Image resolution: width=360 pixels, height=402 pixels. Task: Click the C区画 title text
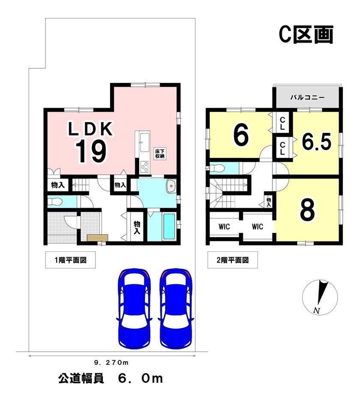[x=306, y=34]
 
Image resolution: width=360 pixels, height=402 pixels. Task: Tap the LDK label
[x=90, y=129]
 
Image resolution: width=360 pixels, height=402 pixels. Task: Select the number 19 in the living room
[x=90, y=152]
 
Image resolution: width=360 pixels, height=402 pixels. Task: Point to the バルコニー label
[x=307, y=97]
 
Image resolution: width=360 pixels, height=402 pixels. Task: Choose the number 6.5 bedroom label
[x=317, y=142]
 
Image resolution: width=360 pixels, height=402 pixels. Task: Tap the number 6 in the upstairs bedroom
[x=241, y=135]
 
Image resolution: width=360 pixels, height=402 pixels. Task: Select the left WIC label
[x=224, y=227]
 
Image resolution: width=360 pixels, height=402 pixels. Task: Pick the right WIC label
[x=257, y=227]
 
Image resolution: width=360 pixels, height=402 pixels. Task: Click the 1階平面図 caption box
[x=70, y=260]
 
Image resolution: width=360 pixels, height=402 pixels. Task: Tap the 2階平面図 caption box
[x=232, y=260]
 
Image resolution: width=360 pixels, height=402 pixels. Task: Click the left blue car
[x=135, y=308]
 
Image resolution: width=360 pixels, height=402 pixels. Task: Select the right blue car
[x=176, y=308]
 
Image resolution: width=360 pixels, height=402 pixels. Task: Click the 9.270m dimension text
[x=111, y=363]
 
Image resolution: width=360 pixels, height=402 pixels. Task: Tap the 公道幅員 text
[x=81, y=378]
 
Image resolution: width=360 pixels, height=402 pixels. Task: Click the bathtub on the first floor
[x=169, y=227]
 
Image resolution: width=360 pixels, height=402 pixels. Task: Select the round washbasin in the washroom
[x=171, y=186]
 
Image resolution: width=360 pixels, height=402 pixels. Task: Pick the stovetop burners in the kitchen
[x=145, y=167]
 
